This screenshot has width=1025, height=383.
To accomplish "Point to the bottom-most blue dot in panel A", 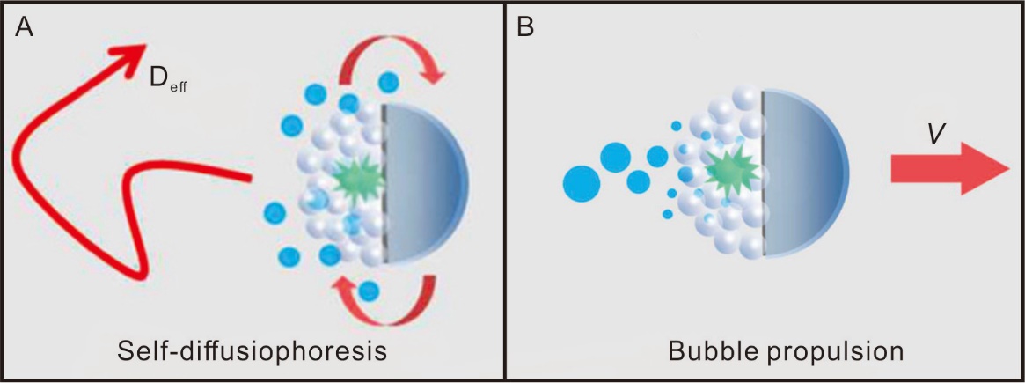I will click(370, 290).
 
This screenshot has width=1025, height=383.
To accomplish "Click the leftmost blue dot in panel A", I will click(275, 213).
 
